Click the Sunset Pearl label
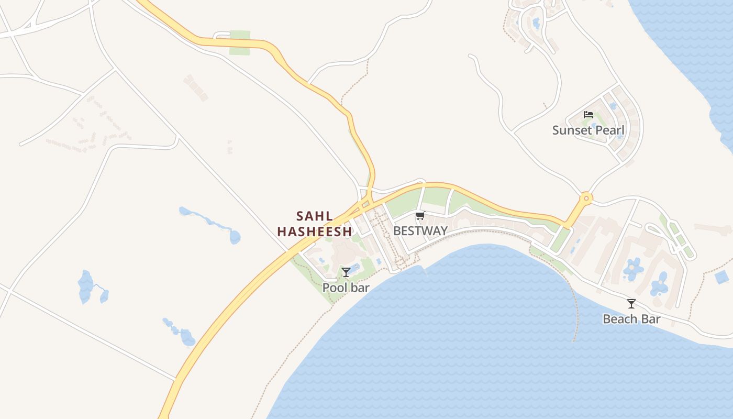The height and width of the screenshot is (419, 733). pos(588,130)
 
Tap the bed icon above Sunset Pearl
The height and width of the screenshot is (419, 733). pos(588,115)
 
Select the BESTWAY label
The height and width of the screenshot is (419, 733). pos(420,230)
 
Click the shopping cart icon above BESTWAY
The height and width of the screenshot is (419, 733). pos(420,215)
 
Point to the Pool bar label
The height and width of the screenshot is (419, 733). pos(346,288)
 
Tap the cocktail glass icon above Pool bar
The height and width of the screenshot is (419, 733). pos(346,272)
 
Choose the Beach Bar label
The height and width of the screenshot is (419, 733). pos(631,319)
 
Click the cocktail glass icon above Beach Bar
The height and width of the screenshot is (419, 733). pos(631,303)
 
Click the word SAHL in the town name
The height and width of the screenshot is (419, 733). pos(314,216)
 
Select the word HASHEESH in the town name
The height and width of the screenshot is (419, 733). pos(314,231)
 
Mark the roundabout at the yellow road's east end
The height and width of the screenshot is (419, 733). pos(585,198)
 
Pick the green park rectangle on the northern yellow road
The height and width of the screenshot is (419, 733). pos(239,42)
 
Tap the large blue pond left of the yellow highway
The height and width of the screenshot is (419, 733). pos(85,287)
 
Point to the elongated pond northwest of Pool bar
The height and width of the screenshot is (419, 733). pos(209,222)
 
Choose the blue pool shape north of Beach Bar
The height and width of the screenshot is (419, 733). pos(634,268)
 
